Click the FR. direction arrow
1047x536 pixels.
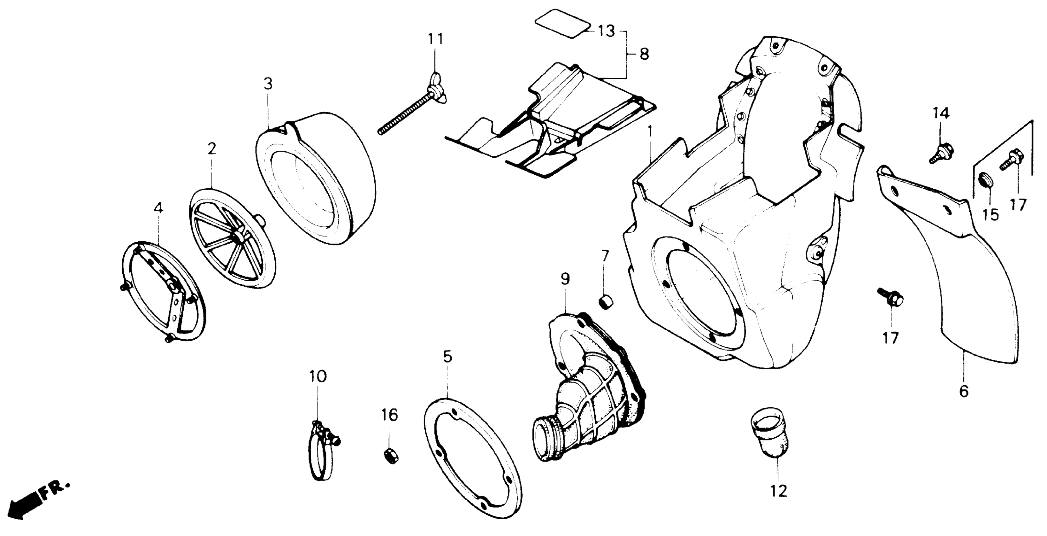(x=39, y=500)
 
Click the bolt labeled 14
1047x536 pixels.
(x=941, y=152)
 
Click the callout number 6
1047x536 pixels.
(x=964, y=391)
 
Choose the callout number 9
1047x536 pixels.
(x=565, y=279)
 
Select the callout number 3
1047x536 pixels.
(x=268, y=84)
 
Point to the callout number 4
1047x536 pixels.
(x=158, y=207)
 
